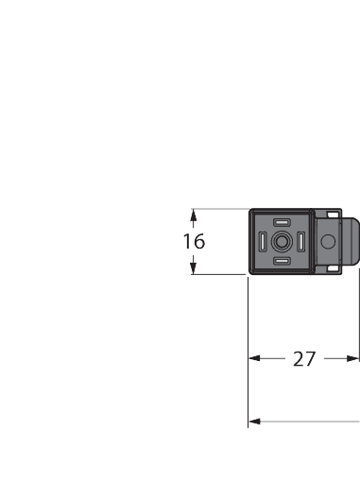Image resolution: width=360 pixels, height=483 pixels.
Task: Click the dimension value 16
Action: coord(194,241)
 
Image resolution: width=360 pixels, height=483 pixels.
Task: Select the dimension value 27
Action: coord(304,359)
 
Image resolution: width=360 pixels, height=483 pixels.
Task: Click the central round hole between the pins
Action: coord(282,242)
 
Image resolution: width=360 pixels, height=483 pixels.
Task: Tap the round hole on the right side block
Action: coord(328,243)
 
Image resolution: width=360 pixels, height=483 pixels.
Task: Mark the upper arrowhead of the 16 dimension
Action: coord(194,215)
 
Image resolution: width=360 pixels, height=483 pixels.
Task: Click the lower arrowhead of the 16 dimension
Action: coord(194,268)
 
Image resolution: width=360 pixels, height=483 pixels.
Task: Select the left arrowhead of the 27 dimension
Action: coord(254,359)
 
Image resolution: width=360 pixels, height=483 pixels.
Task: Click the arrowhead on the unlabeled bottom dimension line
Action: coord(254,422)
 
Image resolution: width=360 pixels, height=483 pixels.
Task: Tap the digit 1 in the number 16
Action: coord(187,241)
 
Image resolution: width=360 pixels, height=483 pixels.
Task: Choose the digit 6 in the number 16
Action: coord(198,241)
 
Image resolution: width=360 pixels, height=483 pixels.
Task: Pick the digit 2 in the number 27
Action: coord(298,359)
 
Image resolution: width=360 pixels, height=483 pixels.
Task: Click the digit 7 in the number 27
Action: coord(311,359)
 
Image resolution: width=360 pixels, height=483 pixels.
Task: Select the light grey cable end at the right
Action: coord(351,243)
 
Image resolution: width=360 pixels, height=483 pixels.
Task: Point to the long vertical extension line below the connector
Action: coord(249,350)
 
